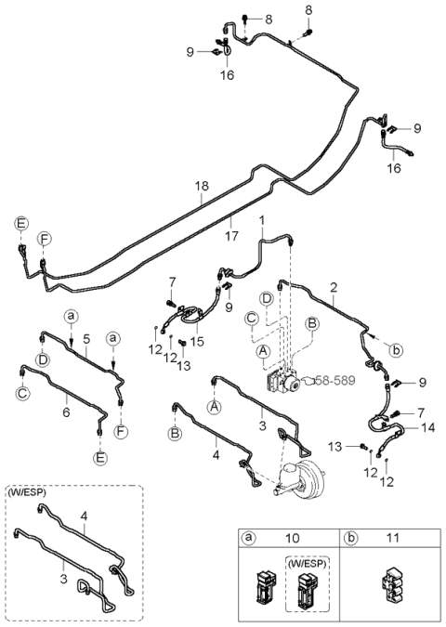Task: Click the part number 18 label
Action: (x=202, y=188)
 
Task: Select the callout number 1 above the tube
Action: (x=263, y=221)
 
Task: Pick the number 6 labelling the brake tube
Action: (x=65, y=410)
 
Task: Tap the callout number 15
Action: (x=197, y=342)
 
